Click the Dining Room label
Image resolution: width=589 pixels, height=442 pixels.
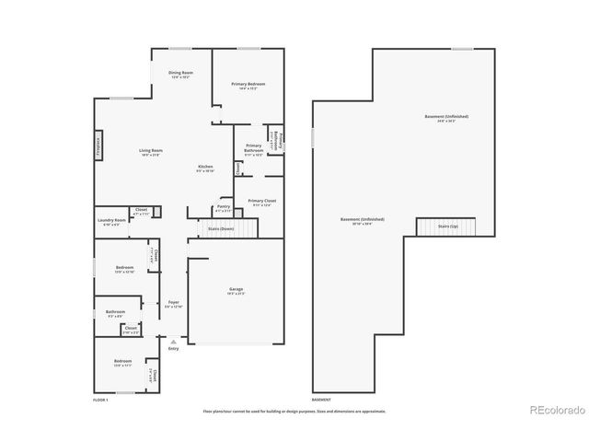(180, 74)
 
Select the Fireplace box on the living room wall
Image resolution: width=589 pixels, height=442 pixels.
(98, 145)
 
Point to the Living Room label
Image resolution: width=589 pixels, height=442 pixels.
(150, 151)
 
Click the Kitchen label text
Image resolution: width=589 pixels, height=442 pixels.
(205, 168)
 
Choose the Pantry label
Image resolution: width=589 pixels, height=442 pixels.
(223, 207)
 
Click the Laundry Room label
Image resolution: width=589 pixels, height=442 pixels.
(110, 221)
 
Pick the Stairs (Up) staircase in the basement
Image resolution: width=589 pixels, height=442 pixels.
(447, 227)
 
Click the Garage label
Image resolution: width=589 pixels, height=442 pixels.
(237, 290)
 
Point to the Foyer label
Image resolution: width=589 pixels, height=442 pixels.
(173, 303)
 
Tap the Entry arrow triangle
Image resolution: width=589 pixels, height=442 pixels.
(173, 341)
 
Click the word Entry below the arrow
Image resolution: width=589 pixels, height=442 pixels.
(173, 349)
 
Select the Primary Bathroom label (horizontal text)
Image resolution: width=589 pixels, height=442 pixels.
(253, 147)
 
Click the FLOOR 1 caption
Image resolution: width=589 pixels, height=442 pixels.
(101, 400)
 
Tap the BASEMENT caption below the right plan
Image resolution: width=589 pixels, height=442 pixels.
(321, 400)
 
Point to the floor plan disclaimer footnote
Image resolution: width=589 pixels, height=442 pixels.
(294, 411)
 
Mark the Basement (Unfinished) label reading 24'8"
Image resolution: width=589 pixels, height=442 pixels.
(446, 118)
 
